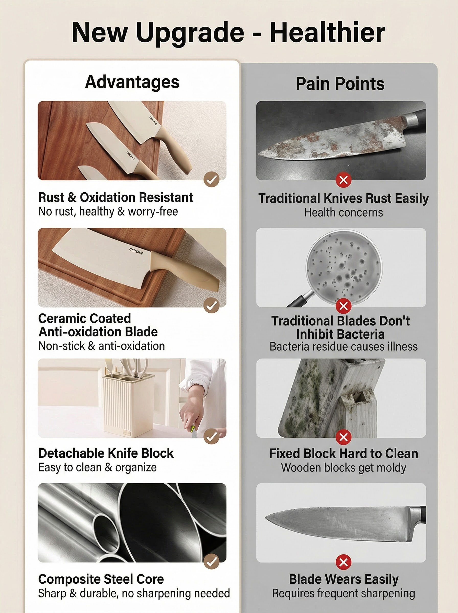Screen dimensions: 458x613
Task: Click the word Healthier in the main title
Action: coord(327,32)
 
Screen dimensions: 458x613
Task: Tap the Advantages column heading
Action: coord(132,82)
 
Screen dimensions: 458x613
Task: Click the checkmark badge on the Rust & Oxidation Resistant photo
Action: coord(212,180)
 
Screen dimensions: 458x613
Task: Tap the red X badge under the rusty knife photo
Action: coord(343,180)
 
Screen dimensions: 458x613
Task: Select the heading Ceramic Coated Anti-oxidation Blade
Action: coord(98,325)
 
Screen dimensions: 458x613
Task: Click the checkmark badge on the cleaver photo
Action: coord(212,305)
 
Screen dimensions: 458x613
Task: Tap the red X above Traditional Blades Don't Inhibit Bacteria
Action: coord(343,306)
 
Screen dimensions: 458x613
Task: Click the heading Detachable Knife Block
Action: coord(106,453)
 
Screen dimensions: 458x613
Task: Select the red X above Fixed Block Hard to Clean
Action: coord(343,437)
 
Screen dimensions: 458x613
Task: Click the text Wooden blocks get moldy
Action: coord(343,468)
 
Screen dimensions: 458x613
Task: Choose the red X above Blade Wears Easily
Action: coord(343,562)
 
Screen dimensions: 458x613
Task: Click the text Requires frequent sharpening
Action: coord(343,594)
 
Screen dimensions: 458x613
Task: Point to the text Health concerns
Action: coord(343,213)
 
